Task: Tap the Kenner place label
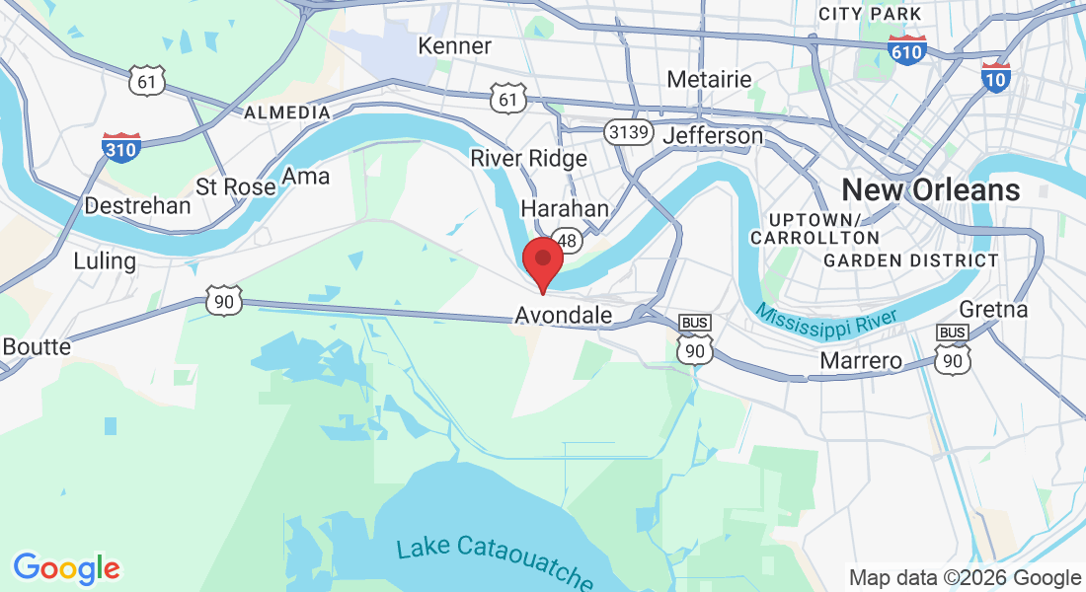454,46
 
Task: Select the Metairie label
709,79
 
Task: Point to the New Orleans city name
930,189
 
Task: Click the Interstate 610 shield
906,50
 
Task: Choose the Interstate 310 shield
120,148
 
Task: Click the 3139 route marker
626,130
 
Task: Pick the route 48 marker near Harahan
568,239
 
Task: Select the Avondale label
564,316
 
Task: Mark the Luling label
105,261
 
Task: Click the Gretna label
993,309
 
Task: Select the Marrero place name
861,361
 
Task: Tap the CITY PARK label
870,14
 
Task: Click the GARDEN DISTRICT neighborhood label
910,260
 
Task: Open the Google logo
66,569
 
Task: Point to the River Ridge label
528,158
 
